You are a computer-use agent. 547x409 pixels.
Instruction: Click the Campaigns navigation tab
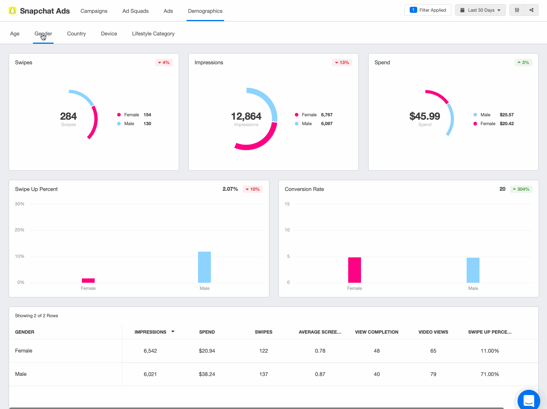[94, 11]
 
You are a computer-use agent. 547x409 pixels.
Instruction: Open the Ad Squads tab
[135, 11]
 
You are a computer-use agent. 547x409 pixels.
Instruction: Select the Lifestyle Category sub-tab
[153, 34]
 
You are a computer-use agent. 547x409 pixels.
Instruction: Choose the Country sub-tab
[77, 34]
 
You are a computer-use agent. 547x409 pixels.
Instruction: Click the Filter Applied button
[428, 10]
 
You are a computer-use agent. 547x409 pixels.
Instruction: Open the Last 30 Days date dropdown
[480, 10]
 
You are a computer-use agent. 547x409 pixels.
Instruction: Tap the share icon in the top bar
[531, 10]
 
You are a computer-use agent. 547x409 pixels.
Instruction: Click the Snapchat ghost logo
[13, 11]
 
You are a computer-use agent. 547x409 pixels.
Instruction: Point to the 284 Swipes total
[68, 116]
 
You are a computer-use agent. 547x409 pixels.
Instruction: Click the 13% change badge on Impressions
[342, 63]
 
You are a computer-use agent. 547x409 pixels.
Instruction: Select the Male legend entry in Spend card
[485, 115]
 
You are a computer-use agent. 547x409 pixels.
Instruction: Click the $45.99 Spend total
[425, 116]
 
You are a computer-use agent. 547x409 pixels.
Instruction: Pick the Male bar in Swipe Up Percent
[204, 267]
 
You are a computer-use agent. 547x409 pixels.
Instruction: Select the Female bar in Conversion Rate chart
[355, 270]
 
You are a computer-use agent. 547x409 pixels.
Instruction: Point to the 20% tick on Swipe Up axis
[20, 230]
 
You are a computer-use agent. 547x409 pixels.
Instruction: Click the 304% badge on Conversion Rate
[521, 189]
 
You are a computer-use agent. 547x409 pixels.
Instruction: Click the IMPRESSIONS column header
[151, 332]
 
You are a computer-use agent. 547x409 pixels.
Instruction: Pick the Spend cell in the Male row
[207, 374]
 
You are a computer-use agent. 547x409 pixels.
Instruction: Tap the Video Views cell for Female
[433, 351]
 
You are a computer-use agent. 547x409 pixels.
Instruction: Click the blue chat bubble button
[529, 400]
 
